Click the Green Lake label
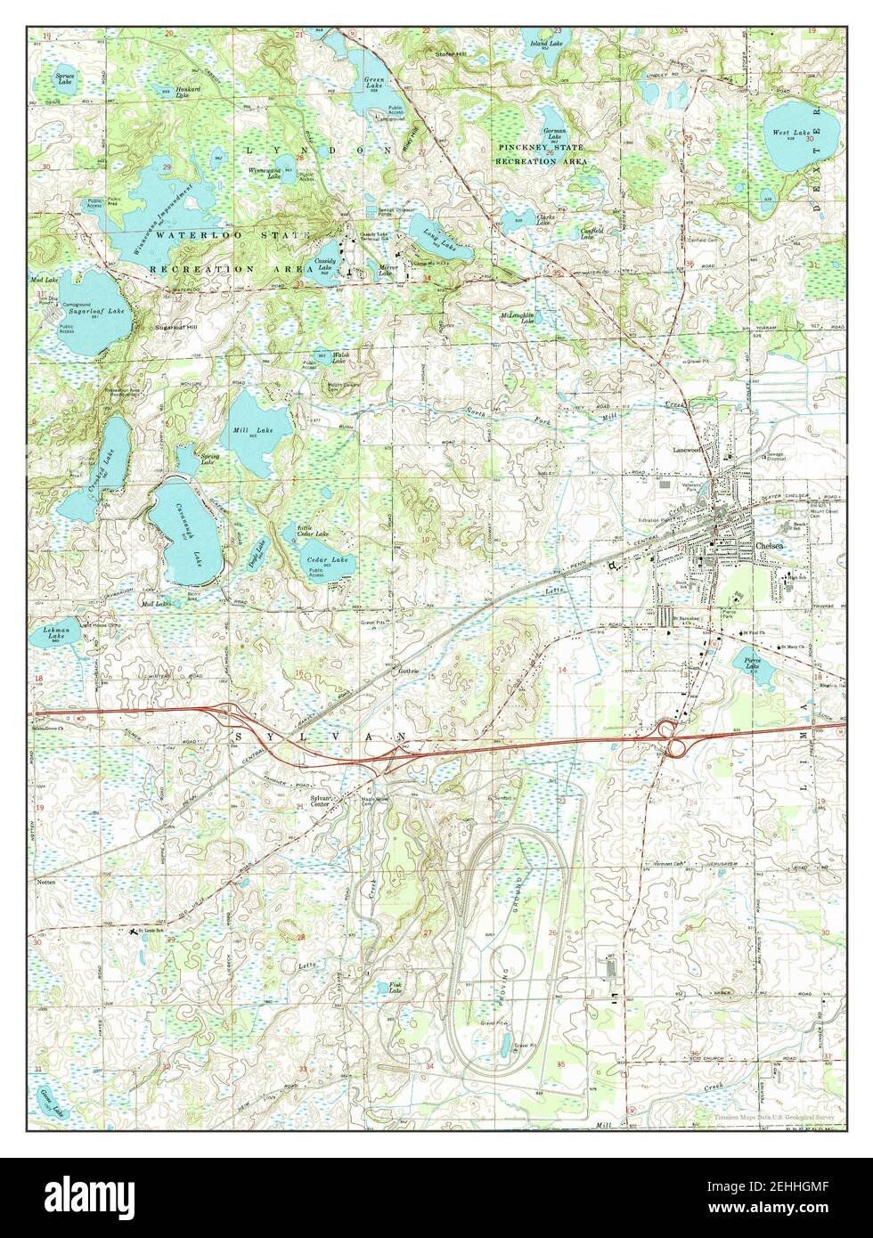click(x=373, y=82)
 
